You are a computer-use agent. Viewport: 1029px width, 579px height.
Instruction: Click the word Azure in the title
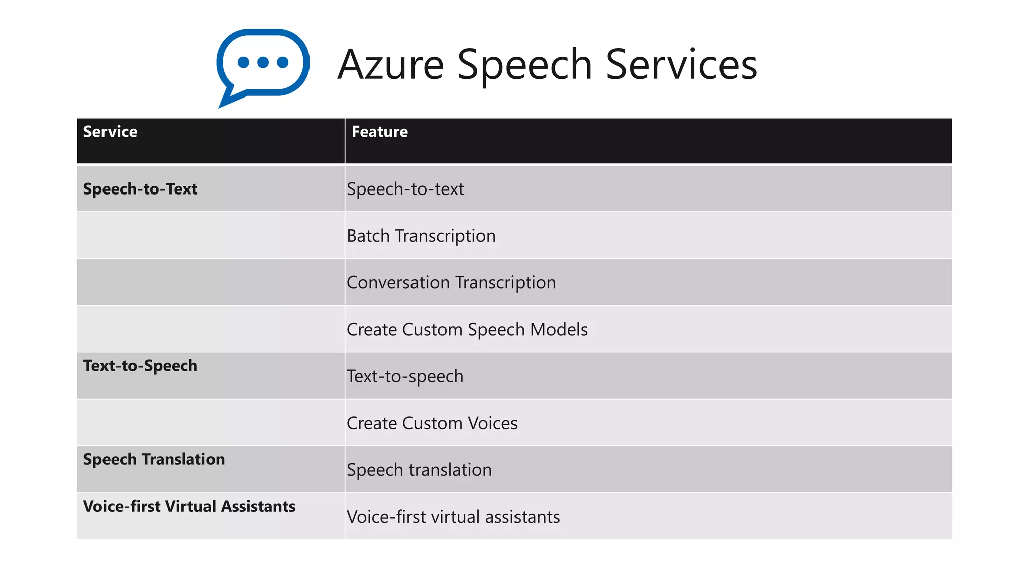(391, 65)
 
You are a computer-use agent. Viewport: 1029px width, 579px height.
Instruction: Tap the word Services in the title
(681, 65)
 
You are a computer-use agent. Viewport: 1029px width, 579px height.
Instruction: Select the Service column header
(110, 132)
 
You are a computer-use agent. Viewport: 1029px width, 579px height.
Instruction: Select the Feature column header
(379, 132)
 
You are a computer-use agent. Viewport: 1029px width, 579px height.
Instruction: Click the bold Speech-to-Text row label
(140, 189)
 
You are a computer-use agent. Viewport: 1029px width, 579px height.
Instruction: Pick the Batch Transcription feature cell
(421, 236)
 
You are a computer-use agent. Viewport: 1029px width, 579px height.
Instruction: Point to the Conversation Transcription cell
(451, 282)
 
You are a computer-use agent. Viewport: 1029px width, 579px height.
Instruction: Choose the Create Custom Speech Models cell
(467, 330)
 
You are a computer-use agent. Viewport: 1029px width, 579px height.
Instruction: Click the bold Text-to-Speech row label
(140, 366)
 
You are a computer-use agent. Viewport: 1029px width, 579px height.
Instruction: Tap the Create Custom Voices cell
(432, 423)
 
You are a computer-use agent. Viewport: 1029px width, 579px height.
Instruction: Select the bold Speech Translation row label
(154, 459)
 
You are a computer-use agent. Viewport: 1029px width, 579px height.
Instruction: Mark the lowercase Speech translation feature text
(419, 470)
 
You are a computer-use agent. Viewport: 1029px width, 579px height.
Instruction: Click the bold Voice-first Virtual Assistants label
(189, 506)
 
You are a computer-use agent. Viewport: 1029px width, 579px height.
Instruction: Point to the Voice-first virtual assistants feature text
(453, 517)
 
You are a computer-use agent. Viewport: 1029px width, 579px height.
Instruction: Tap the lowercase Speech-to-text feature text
(405, 189)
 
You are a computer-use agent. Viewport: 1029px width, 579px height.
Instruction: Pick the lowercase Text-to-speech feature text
(405, 376)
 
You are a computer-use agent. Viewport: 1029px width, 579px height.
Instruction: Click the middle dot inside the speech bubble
(263, 62)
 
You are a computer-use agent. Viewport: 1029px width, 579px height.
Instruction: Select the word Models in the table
(559, 330)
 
